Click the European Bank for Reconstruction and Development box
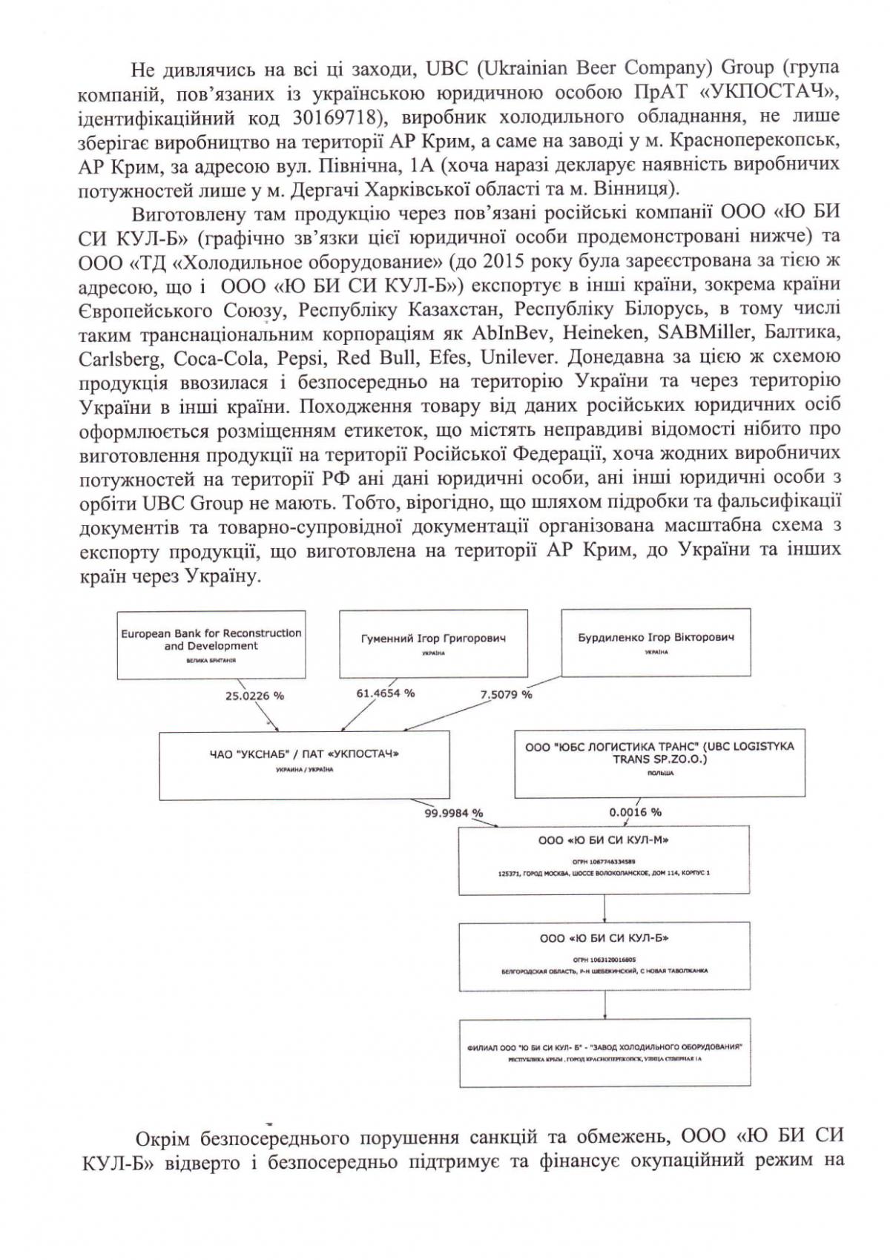point(211,644)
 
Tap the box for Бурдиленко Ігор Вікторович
point(656,641)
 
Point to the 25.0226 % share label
point(254,696)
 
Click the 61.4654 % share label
point(386,693)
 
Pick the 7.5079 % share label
point(507,694)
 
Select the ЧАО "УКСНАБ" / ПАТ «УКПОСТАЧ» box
point(304,765)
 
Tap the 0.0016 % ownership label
point(636,812)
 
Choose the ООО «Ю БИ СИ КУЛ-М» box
point(604,860)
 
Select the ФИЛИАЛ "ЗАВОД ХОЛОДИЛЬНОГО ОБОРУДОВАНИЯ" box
point(604,1052)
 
